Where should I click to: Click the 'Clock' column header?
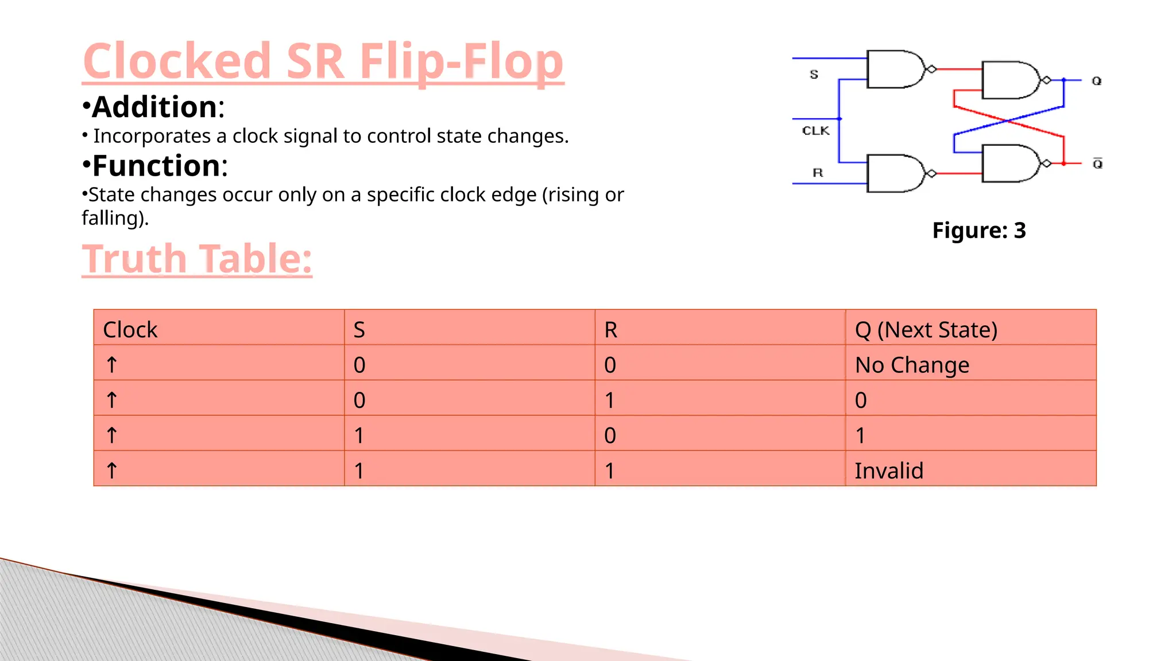coord(130,330)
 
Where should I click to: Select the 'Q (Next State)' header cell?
coord(926,330)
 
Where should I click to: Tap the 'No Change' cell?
coord(912,365)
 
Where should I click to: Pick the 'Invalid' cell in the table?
coord(889,471)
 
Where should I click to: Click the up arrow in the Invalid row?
coord(112,471)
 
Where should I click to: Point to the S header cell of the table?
coord(359,330)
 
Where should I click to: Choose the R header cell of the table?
coord(610,330)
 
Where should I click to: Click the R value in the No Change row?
coord(610,365)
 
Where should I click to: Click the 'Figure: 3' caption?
coord(978,231)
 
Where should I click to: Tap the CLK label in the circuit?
coord(815,131)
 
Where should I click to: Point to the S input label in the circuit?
coord(814,75)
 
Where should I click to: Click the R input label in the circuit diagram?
coord(818,173)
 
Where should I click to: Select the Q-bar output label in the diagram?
coord(1097,164)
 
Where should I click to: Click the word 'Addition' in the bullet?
coord(154,107)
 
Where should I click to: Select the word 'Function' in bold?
coord(156,166)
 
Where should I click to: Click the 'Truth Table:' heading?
coord(197,259)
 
